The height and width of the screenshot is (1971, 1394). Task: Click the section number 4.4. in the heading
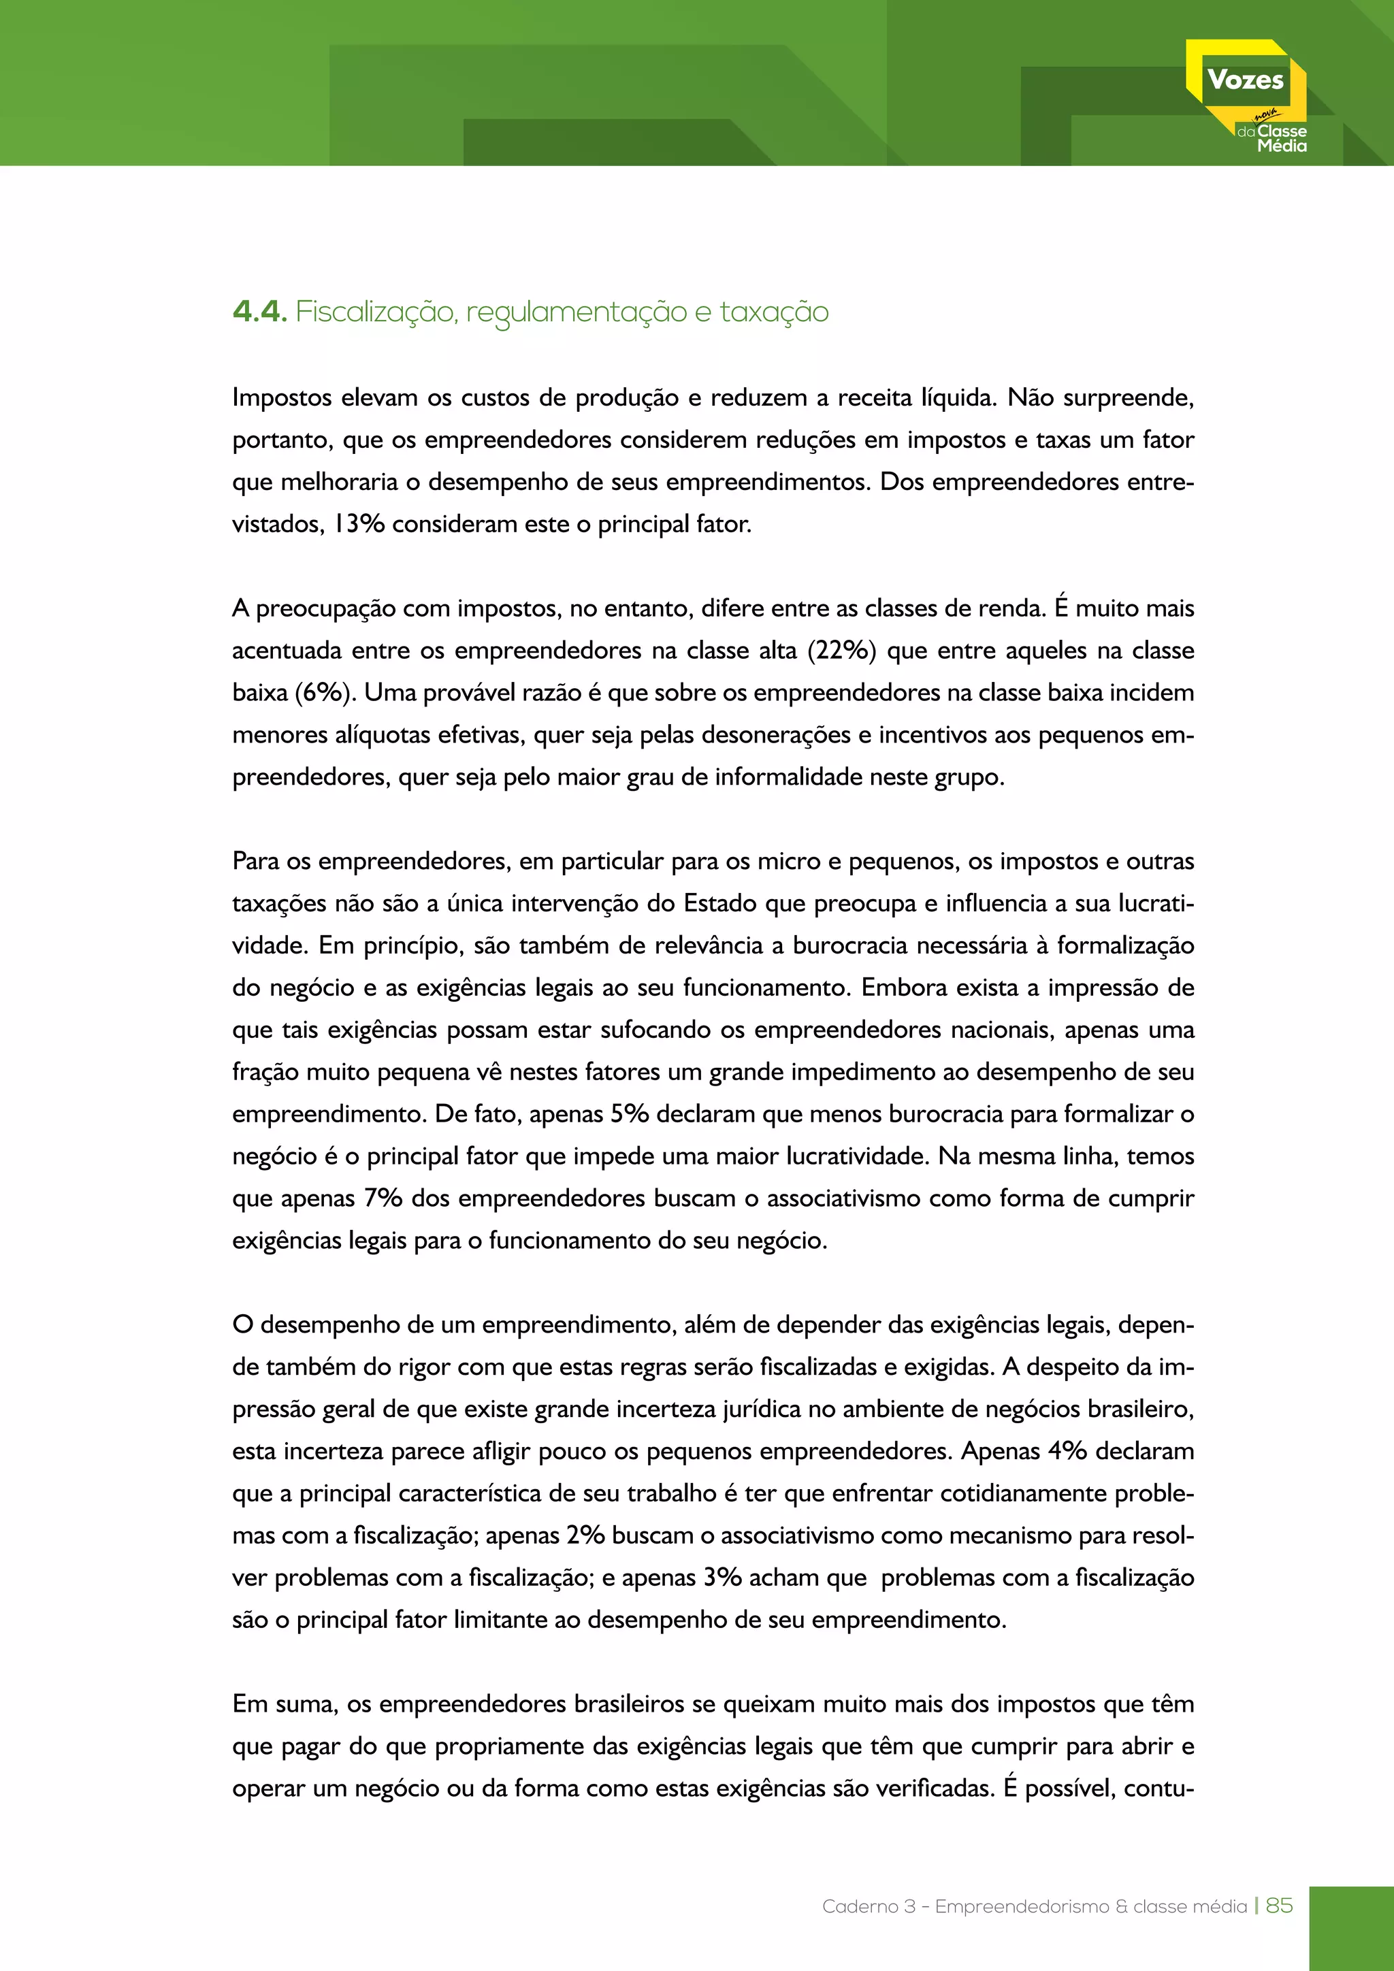pos(259,312)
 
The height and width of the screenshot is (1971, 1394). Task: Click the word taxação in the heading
pos(773,312)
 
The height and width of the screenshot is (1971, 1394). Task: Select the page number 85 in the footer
pos(1279,1905)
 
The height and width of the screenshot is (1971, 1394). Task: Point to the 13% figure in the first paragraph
pos(359,523)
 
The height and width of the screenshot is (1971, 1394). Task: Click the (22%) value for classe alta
pos(841,651)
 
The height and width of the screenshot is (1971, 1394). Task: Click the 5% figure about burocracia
pos(629,1114)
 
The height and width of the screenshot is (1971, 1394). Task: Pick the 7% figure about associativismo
pos(383,1199)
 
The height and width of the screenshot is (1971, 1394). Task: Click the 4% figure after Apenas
pos(1067,1451)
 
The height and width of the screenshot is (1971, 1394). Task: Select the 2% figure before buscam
pos(585,1535)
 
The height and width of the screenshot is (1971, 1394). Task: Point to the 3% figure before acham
pos(722,1577)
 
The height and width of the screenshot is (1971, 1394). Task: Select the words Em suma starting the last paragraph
pos(283,1704)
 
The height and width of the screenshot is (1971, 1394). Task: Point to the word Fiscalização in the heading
pos(375,312)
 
